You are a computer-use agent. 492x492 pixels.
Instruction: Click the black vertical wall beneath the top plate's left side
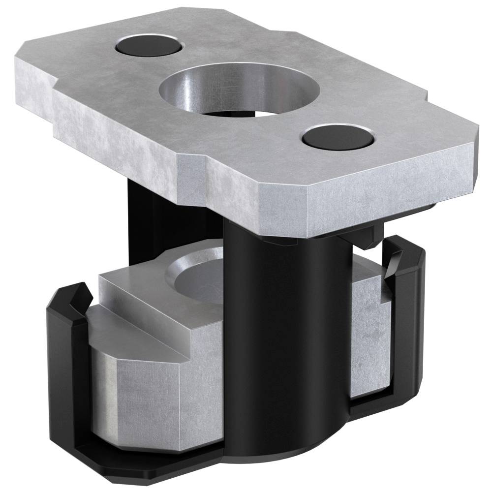click(148, 216)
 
